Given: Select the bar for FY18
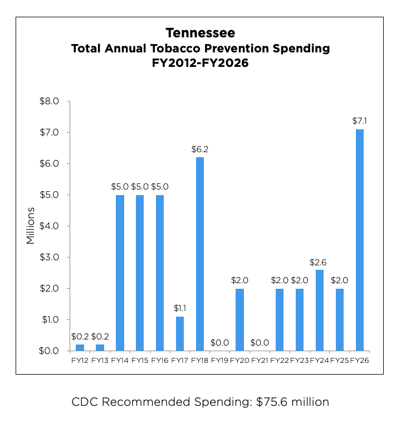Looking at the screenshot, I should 200,254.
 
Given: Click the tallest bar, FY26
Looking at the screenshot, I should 360,240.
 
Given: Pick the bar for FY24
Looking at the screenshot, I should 320,310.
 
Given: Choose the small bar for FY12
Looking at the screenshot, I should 80,347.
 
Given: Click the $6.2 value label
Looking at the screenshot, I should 200,149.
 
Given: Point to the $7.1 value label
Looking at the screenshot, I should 360,121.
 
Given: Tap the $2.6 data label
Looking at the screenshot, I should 320,261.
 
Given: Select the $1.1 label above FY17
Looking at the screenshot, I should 180,308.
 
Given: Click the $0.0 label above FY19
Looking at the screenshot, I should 220,343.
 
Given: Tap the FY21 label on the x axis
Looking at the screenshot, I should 260,361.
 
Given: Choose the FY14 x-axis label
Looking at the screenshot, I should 120,361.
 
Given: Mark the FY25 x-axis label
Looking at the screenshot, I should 340,361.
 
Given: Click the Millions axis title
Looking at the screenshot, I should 31,226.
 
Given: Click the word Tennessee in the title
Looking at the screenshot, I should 200,33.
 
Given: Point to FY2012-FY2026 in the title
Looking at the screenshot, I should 200,63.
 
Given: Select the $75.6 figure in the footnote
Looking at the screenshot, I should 274,401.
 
